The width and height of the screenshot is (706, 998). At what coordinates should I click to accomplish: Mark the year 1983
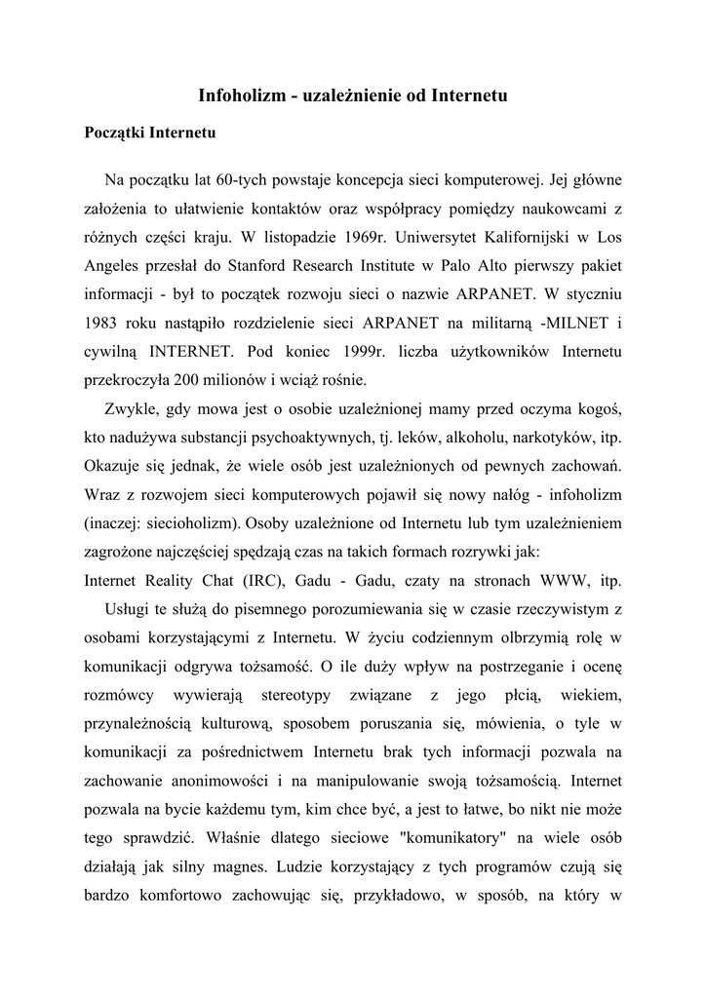coord(100,322)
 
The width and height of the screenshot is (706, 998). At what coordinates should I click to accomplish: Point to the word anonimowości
coord(215,781)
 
